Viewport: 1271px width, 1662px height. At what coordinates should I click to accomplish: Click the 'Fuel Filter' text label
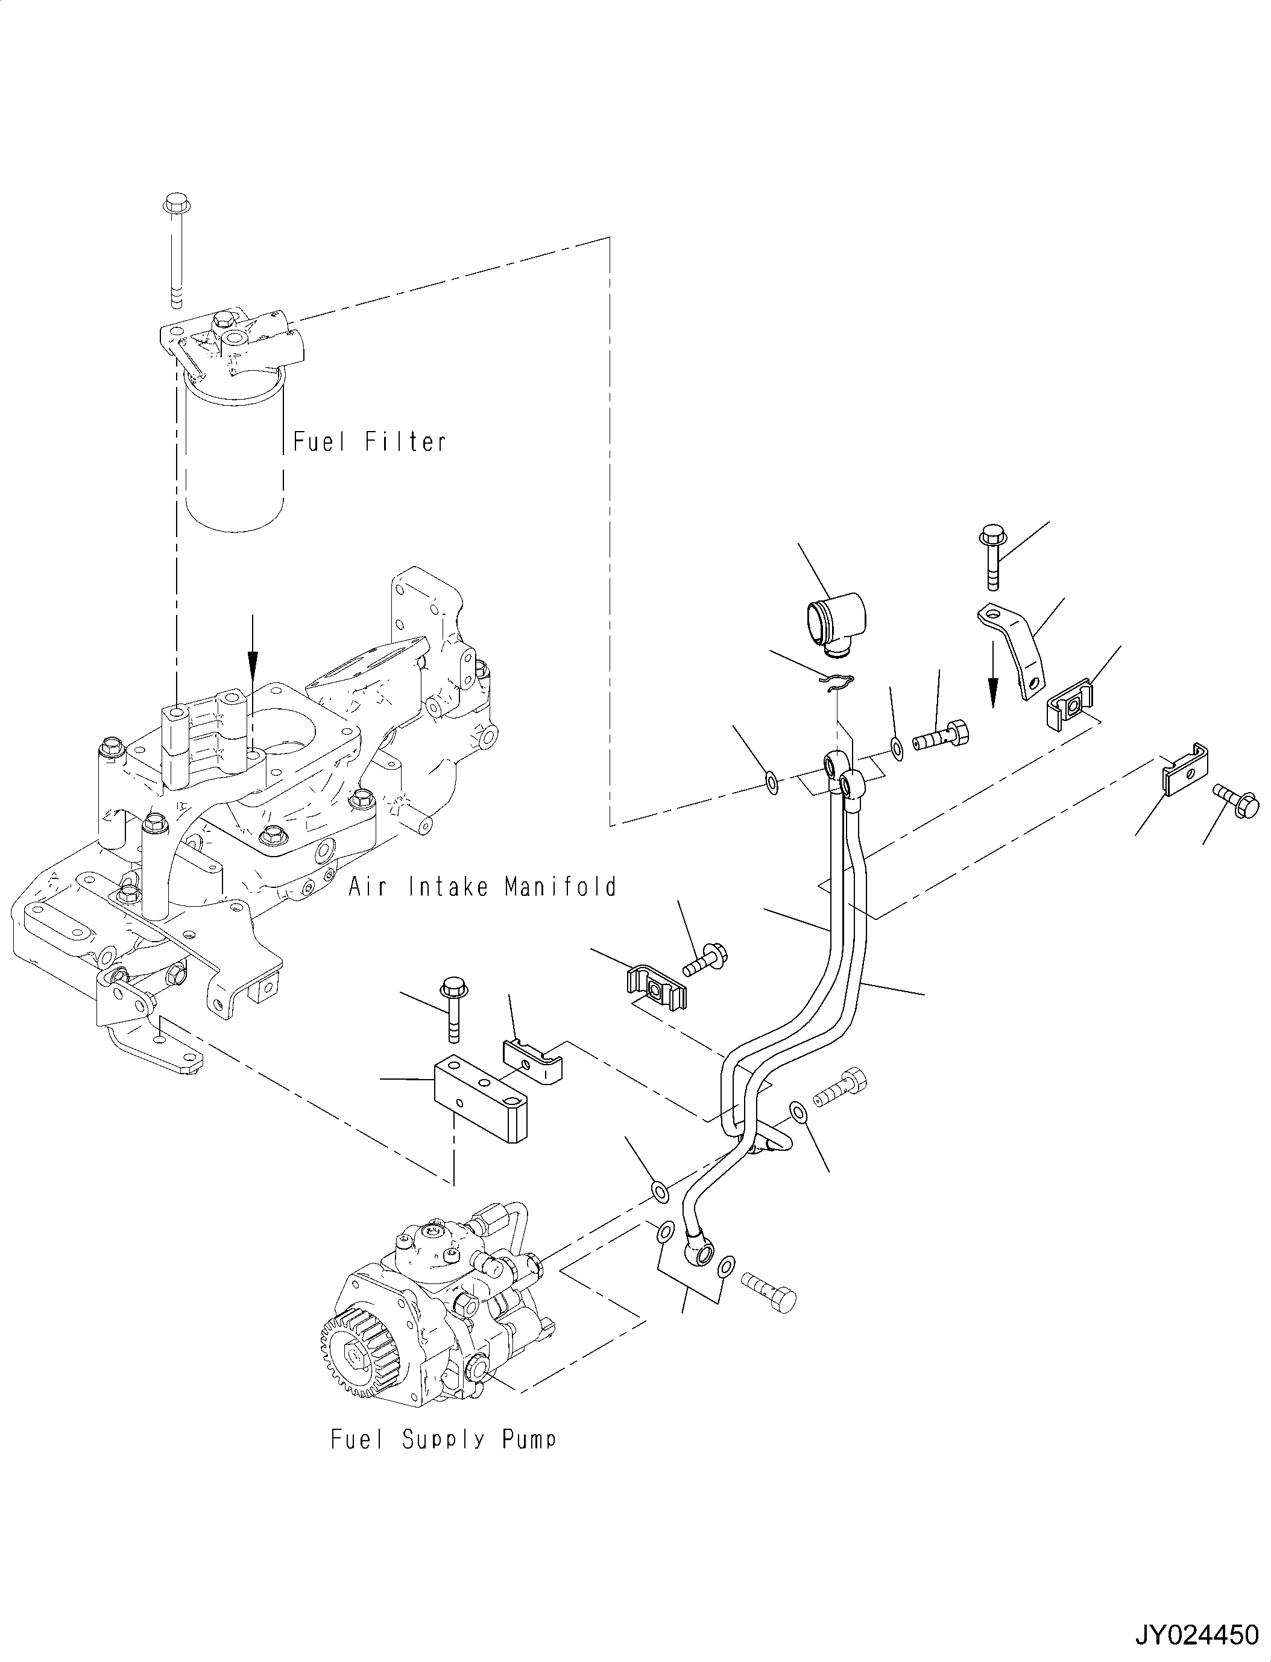point(369,441)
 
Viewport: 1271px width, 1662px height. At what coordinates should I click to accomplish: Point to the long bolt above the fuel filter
point(175,250)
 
